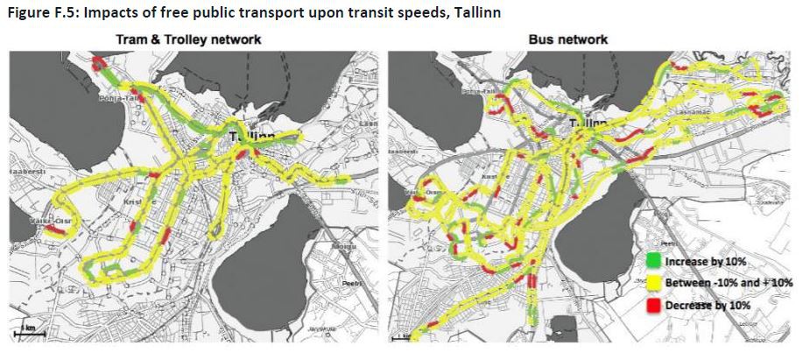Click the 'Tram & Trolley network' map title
(x=189, y=39)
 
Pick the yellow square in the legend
(x=652, y=283)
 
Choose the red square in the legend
(x=652, y=304)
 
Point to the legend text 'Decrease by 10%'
(x=706, y=305)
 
